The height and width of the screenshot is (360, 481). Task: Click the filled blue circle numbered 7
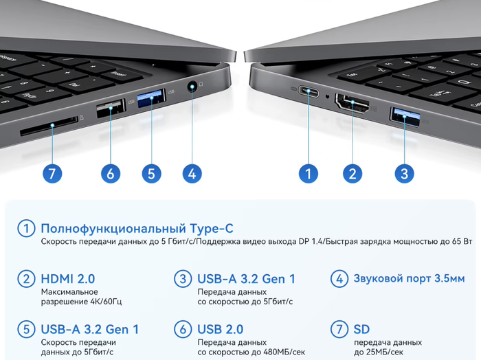click(52, 174)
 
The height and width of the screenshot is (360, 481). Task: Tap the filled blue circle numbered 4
click(192, 174)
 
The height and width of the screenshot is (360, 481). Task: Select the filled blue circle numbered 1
click(309, 174)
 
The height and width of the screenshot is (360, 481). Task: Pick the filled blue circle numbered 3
click(404, 174)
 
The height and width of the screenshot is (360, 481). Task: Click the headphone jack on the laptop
click(192, 87)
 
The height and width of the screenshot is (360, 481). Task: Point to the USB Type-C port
click(309, 91)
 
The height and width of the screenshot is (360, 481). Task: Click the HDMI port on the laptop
click(353, 104)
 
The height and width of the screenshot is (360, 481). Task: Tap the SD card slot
click(49, 126)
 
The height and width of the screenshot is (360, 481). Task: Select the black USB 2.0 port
click(111, 109)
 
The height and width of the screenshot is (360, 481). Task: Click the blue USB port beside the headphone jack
click(151, 98)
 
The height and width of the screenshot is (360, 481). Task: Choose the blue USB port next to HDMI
click(405, 117)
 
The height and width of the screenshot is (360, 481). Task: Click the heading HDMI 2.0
click(68, 279)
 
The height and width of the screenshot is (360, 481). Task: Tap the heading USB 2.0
click(221, 329)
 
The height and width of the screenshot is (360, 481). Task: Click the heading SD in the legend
click(361, 329)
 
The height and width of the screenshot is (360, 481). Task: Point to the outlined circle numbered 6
click(183, 329)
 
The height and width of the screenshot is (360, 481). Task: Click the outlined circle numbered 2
click(26, 279)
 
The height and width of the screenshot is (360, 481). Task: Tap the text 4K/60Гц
click(106, 302)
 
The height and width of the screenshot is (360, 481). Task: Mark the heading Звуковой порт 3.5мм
click(410, 278)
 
